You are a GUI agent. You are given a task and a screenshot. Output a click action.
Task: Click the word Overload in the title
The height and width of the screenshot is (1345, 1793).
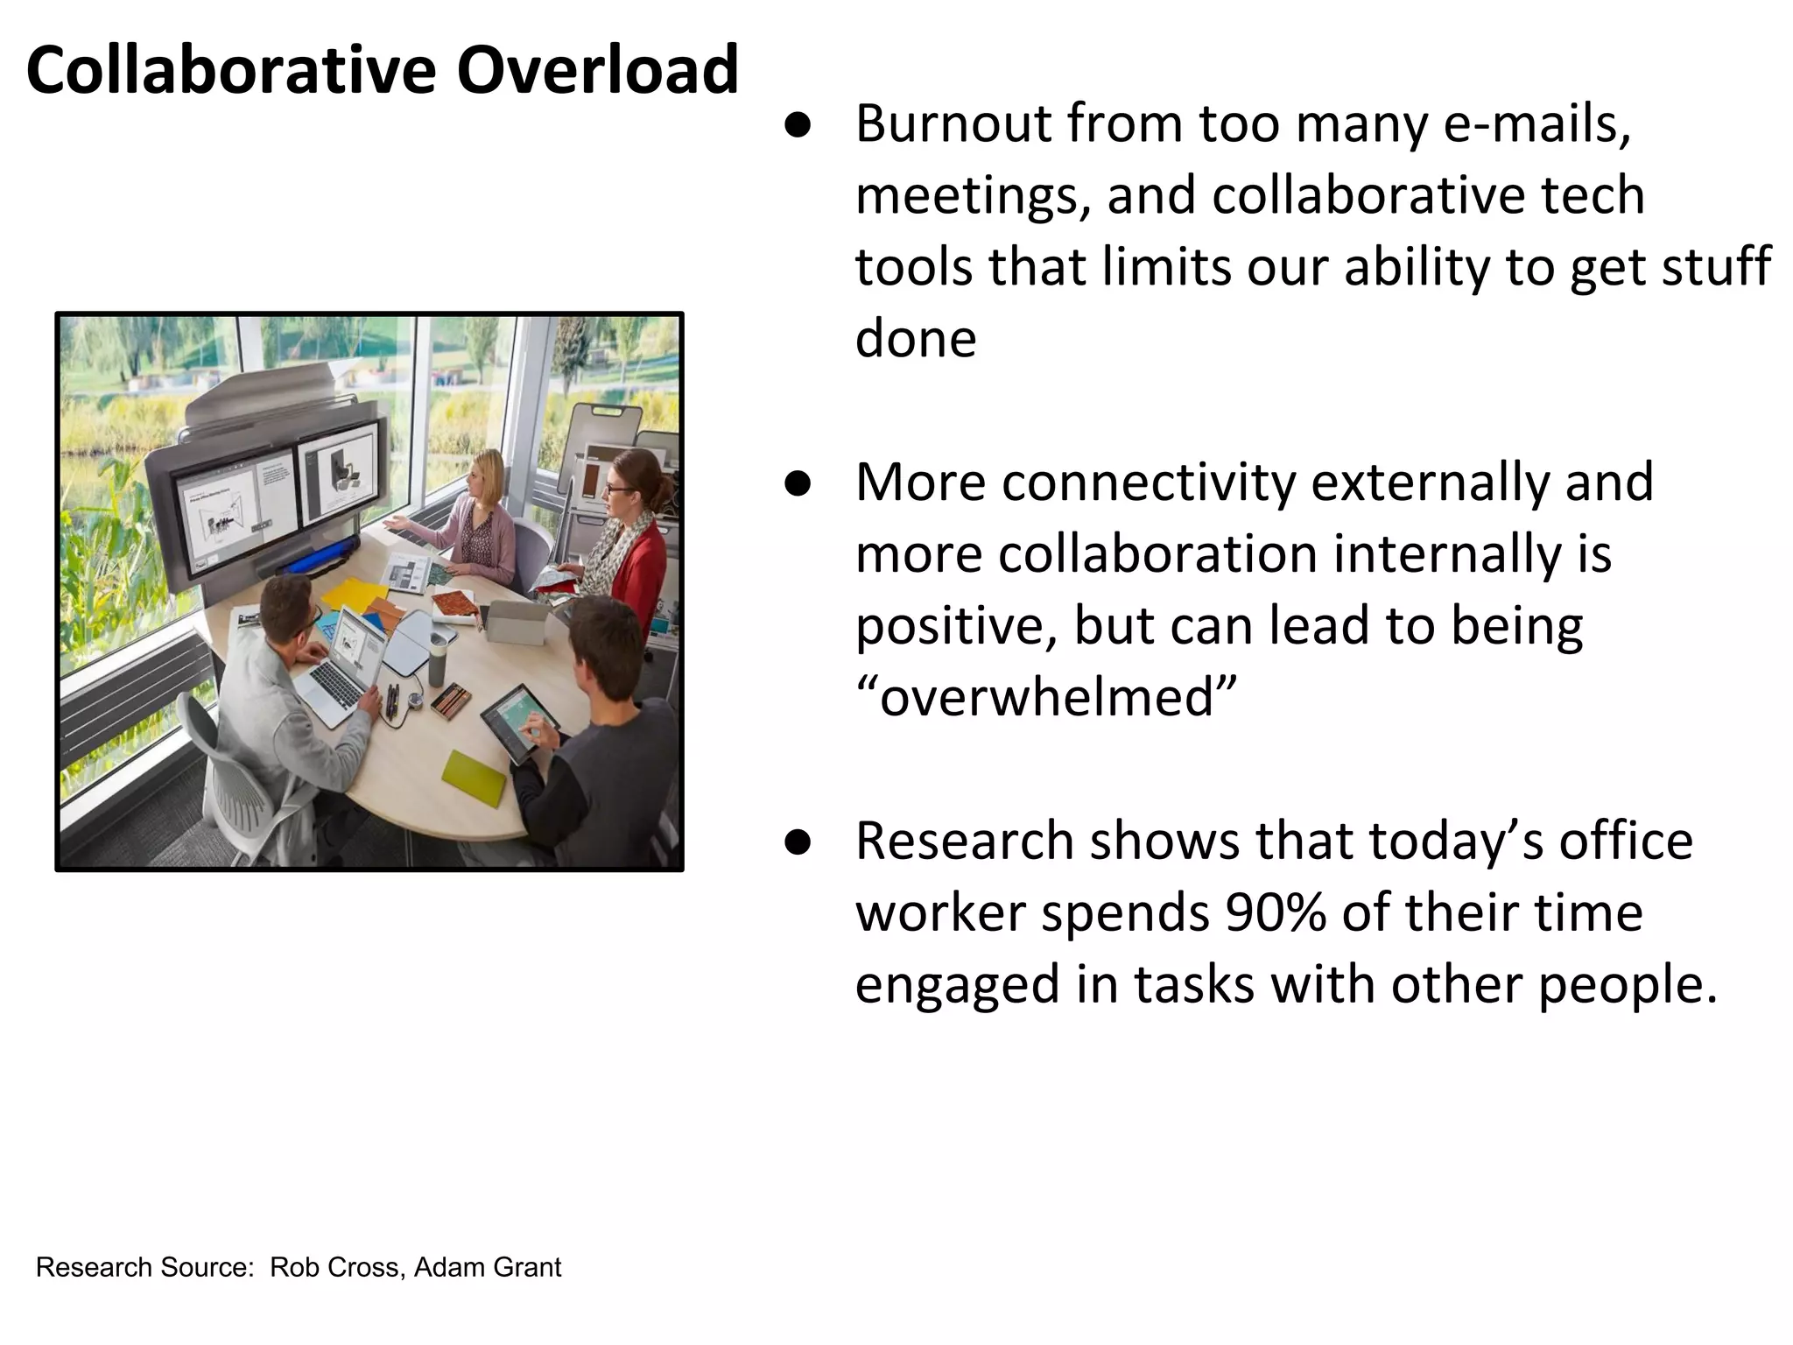[597, 70]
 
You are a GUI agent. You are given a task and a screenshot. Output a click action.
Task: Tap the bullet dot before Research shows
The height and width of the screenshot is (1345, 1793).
[798, 842]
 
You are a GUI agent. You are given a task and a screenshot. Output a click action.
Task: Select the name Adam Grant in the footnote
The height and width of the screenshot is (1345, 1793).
[488, 1267]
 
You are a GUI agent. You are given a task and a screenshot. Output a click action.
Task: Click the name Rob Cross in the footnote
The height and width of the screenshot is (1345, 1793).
[335, 1267]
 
